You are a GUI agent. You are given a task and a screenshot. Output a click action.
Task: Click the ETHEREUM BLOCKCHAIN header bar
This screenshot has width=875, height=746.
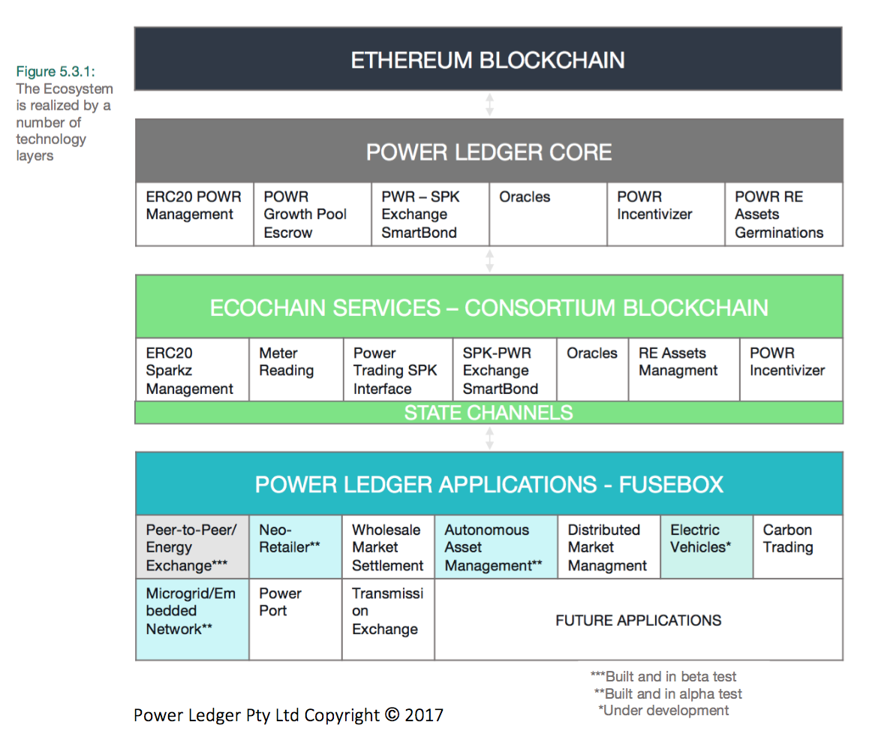click(x=488, y=59)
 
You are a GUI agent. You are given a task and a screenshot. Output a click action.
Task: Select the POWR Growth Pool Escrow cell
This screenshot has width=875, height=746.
click(x=312, y=215)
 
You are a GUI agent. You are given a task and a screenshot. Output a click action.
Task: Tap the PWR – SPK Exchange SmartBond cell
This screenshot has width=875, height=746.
click(x=430, y=215)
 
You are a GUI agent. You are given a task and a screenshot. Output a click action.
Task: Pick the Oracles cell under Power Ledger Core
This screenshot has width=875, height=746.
click(x=548, y=214)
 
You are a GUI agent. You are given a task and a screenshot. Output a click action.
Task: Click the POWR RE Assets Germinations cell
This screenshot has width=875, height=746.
click(x=783, y=215)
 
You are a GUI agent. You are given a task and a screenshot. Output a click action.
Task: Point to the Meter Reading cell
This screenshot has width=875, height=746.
click(x=296, y=369)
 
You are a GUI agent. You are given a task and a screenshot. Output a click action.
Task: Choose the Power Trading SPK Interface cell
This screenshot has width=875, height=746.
click(x=397, y=371)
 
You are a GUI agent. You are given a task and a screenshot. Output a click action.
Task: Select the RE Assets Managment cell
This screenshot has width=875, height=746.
click(x=683, y=369)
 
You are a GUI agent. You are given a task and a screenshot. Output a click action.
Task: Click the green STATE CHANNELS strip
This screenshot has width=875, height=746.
click(x=489, y=413)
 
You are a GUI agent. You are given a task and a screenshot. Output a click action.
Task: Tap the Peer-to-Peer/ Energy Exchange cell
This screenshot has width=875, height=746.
click(x=192, y=547)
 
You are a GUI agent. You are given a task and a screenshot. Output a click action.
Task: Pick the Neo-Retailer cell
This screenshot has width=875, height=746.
click(x=295, y=546)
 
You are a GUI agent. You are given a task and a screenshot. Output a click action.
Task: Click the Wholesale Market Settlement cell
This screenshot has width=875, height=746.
click(x=388, y=547)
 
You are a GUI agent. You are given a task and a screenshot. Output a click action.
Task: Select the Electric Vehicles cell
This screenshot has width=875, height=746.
click(x=706, y=546)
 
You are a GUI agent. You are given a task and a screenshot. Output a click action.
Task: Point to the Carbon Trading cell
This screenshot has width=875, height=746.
click(x=797, y=546)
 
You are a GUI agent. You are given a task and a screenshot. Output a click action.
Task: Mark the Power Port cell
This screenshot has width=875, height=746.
click(x=295, y=619)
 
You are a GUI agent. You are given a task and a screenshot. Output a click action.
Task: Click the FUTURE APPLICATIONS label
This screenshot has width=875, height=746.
click(x=638, y=621)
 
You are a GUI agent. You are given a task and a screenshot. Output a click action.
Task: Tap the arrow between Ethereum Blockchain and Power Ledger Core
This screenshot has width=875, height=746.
click(x=489, y=104)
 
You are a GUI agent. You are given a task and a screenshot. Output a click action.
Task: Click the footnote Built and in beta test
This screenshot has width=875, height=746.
click(x=663, y=677)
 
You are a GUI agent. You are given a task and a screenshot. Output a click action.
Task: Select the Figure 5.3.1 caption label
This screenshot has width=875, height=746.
click(x=56, y=72)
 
